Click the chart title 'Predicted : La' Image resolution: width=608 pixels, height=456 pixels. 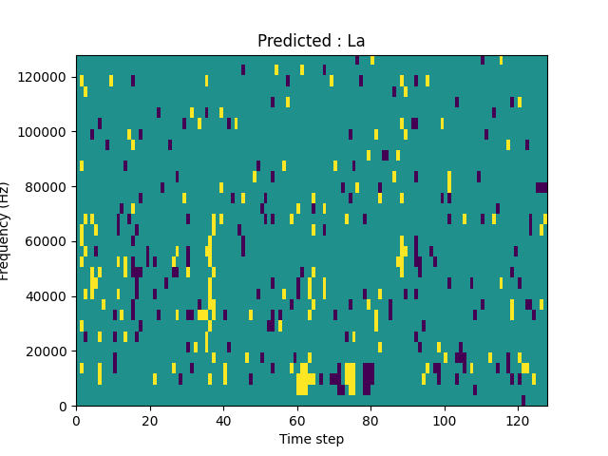(311, 41)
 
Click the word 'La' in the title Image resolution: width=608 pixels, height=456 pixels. (355, 41)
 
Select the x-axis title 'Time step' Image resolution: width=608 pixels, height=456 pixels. (311, 439)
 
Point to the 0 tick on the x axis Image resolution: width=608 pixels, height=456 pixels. (76, 420)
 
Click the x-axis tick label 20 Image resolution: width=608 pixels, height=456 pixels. (149, 420)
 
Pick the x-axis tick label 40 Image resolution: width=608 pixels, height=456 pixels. (223, 420)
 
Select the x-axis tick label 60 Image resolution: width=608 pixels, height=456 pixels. (296, 420)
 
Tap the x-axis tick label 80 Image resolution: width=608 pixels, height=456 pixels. (370, 420)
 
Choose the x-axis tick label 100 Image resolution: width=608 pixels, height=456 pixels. (444, 420)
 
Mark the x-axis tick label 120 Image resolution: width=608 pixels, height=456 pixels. (518, 420)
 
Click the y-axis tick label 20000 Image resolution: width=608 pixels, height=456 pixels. (44, 351)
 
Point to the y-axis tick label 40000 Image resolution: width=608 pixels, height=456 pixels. (44, 296)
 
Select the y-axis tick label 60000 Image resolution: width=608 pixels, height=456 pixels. (44, 241)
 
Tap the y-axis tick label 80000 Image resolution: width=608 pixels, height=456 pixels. (44, 186)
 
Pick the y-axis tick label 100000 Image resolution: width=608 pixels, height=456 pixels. (41, 131)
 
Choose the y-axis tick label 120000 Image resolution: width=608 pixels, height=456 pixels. (41, 77)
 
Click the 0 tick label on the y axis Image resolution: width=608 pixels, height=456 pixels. (63, 407)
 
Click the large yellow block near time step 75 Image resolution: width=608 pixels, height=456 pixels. (351, 378)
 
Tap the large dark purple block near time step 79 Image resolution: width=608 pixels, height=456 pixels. (368, 378)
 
